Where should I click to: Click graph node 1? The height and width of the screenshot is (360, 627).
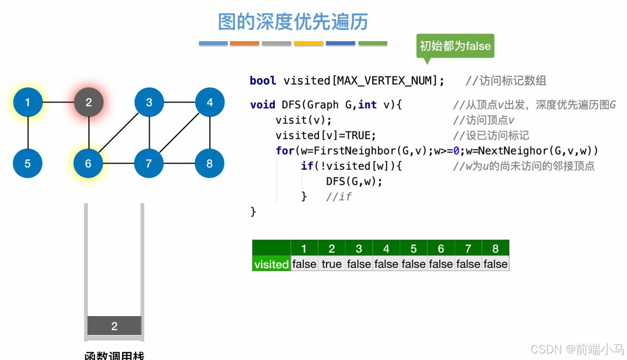pos(28,102)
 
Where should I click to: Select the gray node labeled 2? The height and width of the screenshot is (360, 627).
pos(88,102)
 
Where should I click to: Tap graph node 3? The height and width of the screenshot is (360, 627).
pos(149,102)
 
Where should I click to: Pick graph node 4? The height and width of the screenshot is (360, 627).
pos(210,102)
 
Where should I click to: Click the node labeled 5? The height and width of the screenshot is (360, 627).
pos(28,163)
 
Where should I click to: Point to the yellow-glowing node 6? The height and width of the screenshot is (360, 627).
pos(88,163)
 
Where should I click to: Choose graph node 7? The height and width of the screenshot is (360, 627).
pos(149,163)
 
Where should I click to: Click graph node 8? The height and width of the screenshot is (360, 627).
pos(210,163)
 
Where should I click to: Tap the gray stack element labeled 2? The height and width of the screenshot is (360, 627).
pos(114,326)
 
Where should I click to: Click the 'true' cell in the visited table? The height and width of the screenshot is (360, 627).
pos(331,264)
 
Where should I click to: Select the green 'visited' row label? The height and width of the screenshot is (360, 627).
pos(271,264)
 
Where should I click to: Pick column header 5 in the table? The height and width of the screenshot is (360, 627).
pos(413,248)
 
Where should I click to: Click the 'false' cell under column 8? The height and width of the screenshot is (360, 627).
pos(495,264)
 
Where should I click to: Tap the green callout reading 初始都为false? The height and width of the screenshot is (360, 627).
pos(455,46)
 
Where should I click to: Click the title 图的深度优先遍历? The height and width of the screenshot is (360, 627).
pos(293,22)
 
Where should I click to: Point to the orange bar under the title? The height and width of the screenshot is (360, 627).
pos(245,43)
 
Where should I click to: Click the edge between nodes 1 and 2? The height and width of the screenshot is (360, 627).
pos(58,102)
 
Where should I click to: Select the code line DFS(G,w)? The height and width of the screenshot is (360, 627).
pos(354,181)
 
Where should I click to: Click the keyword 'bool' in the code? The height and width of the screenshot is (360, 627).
pos(263,81)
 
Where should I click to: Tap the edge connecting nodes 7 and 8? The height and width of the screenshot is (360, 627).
pos(180,163)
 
